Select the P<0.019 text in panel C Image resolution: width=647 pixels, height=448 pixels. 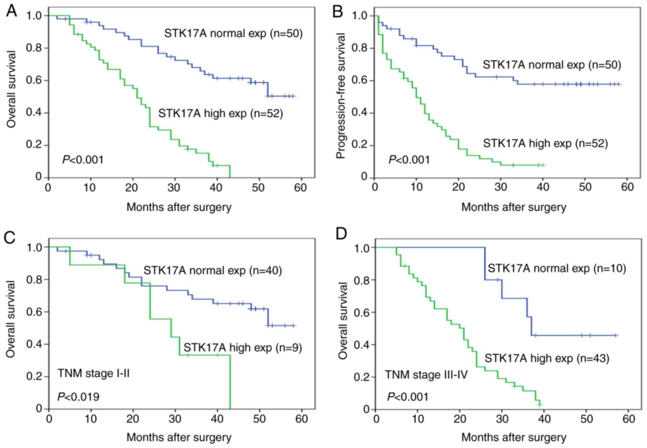click(x=78, y=397)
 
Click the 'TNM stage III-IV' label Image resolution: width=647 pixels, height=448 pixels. click(x=426, y=375)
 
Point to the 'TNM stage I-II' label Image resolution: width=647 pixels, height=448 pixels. click(x=94, y=373)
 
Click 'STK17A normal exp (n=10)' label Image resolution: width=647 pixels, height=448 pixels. click(x=557, y=268)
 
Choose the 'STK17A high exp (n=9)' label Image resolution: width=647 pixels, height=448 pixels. click(x=242, y=348)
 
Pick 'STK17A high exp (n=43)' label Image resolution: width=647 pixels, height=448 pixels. click(x=547, y=358)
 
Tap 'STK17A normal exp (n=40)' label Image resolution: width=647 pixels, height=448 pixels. click(x=213, y=270)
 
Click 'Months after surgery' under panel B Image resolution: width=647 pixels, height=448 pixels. click(x=513, y=207)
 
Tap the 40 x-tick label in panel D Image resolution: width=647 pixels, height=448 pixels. click(x=544, y=419)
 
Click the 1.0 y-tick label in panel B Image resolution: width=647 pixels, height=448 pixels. click(x=360, y=16)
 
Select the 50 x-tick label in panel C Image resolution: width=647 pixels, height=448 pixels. click(x=259, y=419)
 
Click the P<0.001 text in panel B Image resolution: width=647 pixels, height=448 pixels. click(x=409, y=160)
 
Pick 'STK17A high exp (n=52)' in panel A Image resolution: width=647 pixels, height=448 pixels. click(x=221, y=113)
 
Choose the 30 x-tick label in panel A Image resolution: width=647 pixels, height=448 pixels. click(x=174, y=187)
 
